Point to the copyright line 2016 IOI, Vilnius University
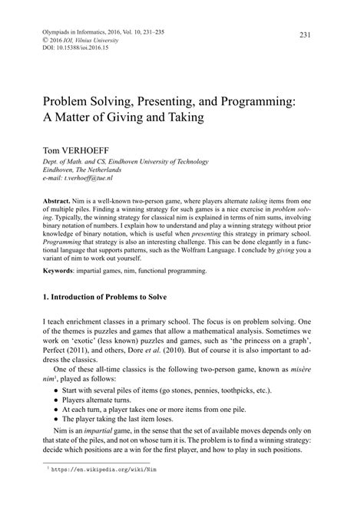tap(75, 42)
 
